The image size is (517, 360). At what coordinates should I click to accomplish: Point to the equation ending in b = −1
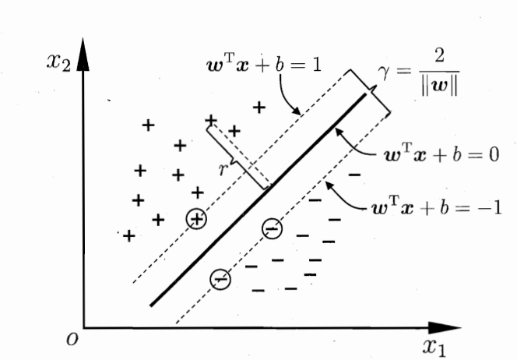[x=441, y=211]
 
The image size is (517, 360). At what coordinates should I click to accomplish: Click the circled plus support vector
[x=197, y=220]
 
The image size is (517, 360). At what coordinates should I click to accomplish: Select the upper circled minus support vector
[x=272, y=228]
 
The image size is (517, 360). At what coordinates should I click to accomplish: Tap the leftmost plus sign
[x=128, y=235]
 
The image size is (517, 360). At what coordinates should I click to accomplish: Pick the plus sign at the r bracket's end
[x=210, y=120]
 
